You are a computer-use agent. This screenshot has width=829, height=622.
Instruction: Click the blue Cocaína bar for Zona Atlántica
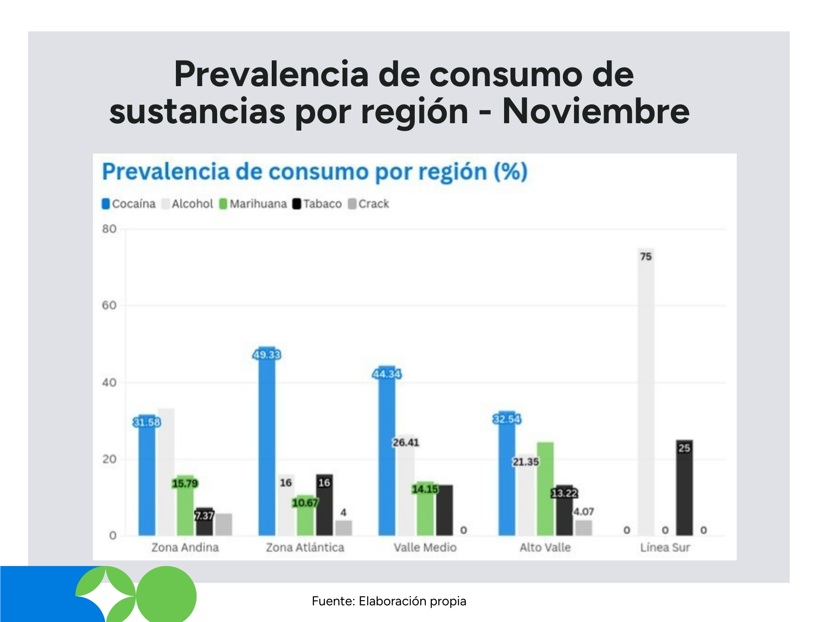(x=267, y=445)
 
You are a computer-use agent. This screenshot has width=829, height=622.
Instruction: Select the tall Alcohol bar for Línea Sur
(x=646, y=394)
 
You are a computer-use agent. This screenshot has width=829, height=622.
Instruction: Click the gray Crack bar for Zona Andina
(x=224, y=524)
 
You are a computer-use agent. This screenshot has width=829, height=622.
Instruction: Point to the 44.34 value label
(x=386, y=374)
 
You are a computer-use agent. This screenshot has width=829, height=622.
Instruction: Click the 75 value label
(x=646, y=257)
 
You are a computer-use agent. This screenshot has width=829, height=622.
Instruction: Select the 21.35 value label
(x=525, y=462)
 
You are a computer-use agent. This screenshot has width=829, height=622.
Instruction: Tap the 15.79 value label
(x=185, y=484)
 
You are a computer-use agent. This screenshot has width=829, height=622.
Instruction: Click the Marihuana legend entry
(x=253, y=204)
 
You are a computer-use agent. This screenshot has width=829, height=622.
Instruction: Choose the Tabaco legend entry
(x=317, y=204)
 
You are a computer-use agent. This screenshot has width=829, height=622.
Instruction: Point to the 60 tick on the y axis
(x=109, y=305)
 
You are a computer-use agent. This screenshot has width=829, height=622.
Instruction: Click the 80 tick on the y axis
(x=109, y=229)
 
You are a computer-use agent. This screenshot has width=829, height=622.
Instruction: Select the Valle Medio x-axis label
(x=425, y=547)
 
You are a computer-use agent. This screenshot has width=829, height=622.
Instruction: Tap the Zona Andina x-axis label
(x=185, y=547)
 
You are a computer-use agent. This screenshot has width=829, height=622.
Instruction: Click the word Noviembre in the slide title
(x=596, y=112)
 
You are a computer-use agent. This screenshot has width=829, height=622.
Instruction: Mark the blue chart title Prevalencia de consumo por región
(x=315, y=172)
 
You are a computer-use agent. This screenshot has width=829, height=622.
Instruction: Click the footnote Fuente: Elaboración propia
(x=389, y=601)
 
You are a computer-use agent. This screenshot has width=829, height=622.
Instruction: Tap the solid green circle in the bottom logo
(x=167, y=596)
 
